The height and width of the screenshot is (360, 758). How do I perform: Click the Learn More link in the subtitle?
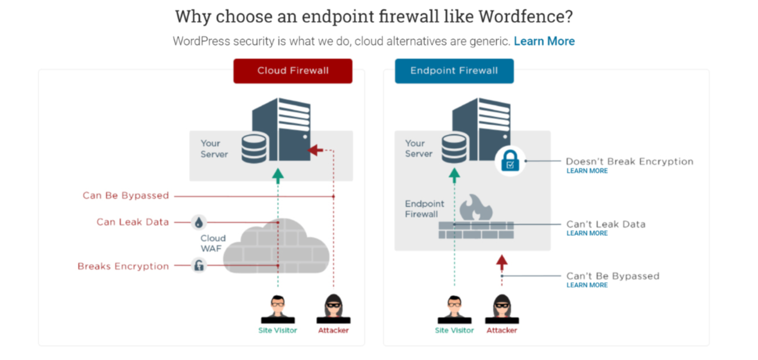pos(544,41)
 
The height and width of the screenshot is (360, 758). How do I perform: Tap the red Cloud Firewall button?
pos(293,71)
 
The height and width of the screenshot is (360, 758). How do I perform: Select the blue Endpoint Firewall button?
pos(454,71)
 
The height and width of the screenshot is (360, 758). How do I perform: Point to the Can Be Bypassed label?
pos(126,196)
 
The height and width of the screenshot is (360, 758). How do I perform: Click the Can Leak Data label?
pos(133,222)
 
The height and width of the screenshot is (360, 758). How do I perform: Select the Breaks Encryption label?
pos(123,266)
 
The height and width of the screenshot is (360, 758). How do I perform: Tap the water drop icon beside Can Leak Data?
pos(199,223)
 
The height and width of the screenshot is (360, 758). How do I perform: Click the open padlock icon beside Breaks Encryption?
pos(199,265)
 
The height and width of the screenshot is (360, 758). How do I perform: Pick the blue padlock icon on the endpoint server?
pos(510,161)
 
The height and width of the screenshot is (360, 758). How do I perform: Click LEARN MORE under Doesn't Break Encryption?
pos(587,171)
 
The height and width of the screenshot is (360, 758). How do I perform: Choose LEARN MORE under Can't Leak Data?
pos(587,233)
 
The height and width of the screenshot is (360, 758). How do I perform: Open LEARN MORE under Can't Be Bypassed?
pos(587,285)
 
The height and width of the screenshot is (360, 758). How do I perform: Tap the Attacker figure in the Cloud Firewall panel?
pos(333,310)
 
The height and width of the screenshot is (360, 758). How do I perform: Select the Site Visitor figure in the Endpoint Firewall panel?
pos(454,310)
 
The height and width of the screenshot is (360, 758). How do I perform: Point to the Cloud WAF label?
pos(212,243)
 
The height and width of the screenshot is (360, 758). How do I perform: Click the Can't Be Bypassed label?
pos(613,276)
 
